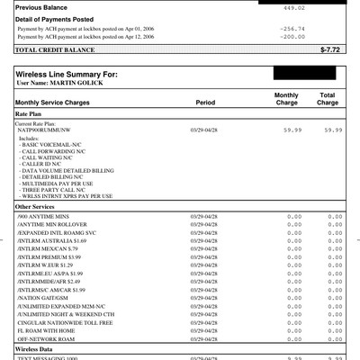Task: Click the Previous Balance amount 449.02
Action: point(321,8)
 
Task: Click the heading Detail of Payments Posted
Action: point(54,20)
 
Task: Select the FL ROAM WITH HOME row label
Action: point(49,330)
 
